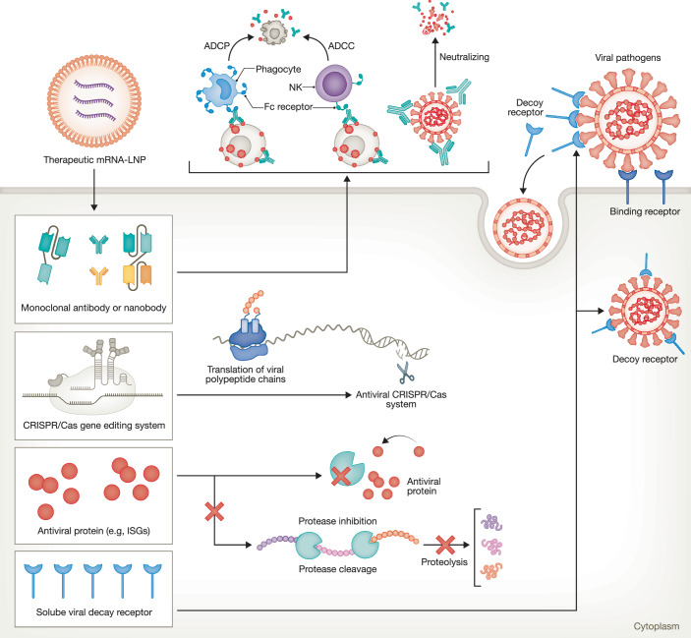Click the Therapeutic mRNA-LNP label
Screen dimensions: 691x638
click(94, 159)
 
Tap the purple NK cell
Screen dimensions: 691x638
click(333, 84)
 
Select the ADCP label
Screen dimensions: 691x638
click(217, 46)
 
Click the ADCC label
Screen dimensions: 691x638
click(341, 46)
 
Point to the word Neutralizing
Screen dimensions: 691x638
click(464, 57)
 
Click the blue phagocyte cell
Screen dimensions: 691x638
click(219, 88)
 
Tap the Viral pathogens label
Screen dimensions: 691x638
click(627, 58)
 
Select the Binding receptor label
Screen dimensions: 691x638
click(645, 211)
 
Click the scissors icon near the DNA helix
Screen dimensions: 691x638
click(405, 374)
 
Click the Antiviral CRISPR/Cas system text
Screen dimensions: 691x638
click(401, 399)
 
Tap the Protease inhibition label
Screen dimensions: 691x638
click(337, 521)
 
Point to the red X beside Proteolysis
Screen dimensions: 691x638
click(445, 545)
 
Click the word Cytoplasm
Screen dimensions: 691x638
click(657, 626)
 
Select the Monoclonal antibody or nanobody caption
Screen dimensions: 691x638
click(93, 308)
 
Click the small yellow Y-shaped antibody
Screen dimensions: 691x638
click(98, 275)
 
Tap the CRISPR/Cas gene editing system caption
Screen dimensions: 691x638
click(93, 426)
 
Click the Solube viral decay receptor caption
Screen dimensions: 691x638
click(93, 612)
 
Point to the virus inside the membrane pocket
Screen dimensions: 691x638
click(523, 228)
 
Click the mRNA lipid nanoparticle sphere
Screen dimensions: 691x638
click(94, 101)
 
